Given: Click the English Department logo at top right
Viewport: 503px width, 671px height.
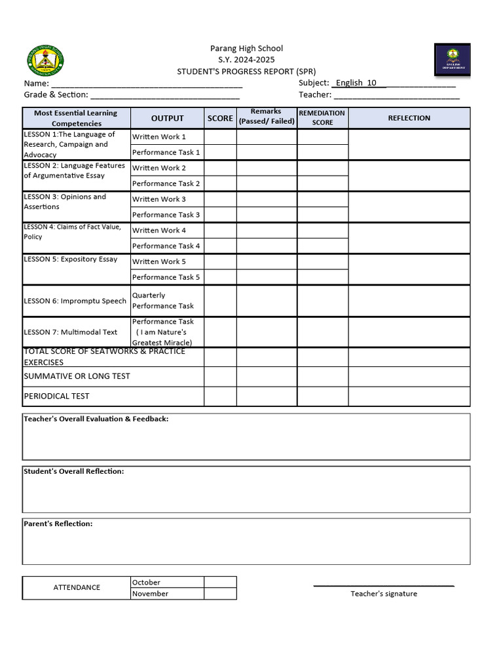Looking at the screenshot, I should click(x=452, y=60).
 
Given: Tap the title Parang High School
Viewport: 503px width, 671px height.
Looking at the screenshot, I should click(x=246, y=48).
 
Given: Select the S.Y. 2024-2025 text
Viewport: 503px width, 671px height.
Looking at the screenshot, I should click(x=246, y=60).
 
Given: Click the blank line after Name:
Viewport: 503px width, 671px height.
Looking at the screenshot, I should click(x=147, y=84).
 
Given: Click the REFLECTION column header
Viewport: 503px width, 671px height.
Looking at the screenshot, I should click(x=409, y=119).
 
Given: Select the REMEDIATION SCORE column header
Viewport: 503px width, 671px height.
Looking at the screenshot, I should click(x=322, y=118).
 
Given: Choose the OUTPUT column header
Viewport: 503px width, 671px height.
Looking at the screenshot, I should click(x=168, y=119).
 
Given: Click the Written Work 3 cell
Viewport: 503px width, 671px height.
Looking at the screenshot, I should click(x=159, y=199).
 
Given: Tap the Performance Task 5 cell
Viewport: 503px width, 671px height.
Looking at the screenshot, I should click(x=166, y=277).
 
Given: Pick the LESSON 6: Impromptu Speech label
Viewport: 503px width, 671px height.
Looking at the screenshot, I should click(x=75, y=301).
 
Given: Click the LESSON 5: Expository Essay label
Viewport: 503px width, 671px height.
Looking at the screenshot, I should click(x=71, y=259).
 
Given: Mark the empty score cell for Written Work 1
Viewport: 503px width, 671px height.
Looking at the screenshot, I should click(x=220, y=137).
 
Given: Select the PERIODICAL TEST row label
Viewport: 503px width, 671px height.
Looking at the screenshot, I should click(x=56, y=396).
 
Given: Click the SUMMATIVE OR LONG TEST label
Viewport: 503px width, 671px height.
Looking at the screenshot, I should click(x=77, y=376).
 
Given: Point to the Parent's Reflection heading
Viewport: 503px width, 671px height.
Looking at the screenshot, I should click(x=58, y=524).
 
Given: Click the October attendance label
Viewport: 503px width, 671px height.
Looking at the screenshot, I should click(x=146, y=583).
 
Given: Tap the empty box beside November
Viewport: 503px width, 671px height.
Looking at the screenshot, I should click(x=220, y=594).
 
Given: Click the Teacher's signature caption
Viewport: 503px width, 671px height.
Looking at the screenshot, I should click(x=383, y=594).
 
